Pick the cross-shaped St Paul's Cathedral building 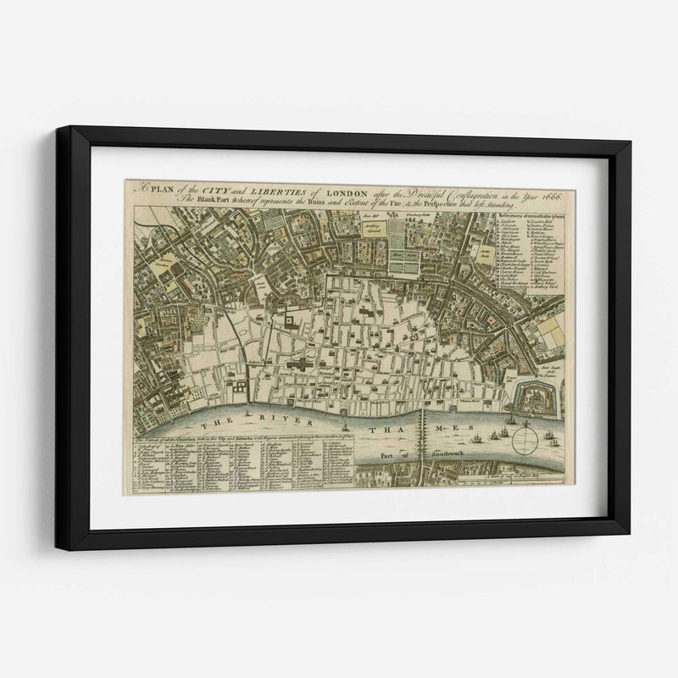pyautogui.click(x=301, y=364)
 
